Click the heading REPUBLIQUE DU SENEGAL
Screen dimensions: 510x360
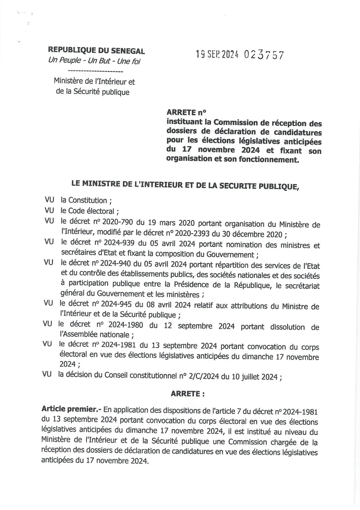96,51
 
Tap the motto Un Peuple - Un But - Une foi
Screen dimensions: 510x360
94,61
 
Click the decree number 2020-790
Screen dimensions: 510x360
115,224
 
